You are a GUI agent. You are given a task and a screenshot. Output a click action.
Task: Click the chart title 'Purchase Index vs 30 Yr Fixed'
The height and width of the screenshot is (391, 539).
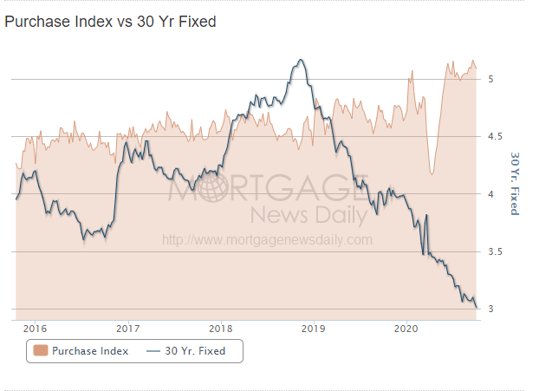pyautogui.click(x=110, y=21)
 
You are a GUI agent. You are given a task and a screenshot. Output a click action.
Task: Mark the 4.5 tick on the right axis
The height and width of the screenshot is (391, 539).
pyautogui.click(x=494, y=136)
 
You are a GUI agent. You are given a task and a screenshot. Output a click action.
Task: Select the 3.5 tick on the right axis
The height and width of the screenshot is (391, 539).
pyautogui.click(x=494, y=251)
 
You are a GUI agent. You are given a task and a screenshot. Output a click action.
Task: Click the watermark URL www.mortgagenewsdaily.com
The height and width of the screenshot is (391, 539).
pyautogui.click(x=267, y=240)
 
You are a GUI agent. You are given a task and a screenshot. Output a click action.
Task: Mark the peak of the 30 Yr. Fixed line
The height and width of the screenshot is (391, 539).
pyautogui.click(x=300, y=60)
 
